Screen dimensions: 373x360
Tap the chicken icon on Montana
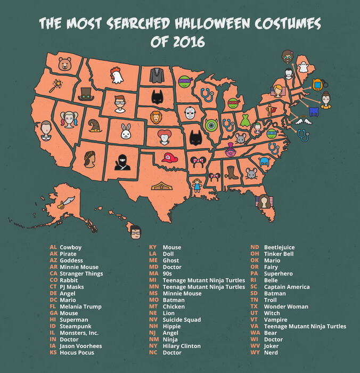(x=116, y=76)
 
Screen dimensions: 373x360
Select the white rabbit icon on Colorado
(x=126, y=130)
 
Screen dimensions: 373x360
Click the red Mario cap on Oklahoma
(x=169, y=158)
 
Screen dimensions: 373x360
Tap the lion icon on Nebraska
(x=156, y=117)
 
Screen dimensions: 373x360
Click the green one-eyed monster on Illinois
(x=211, y=125)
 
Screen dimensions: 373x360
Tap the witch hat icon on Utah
(x=95, y=126)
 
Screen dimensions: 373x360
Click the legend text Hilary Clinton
(x=182, y=346)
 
